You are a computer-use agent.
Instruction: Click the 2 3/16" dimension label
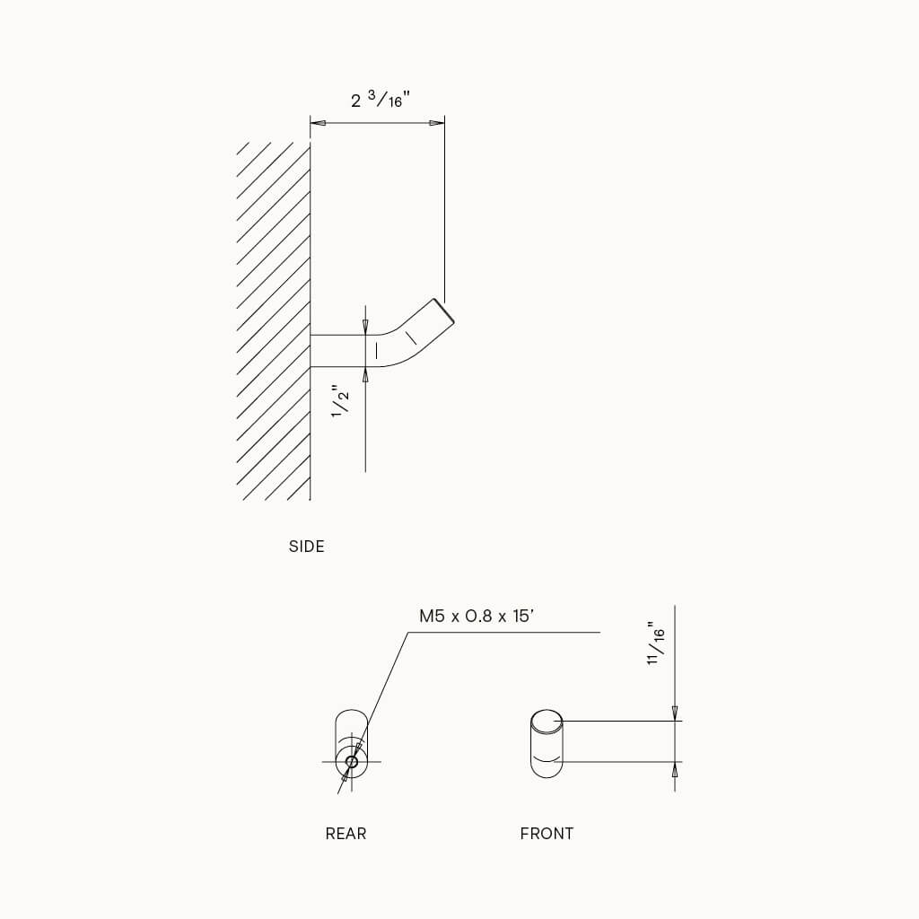381,100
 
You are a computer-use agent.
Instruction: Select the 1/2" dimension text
340,400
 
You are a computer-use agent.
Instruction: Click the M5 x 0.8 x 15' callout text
477,617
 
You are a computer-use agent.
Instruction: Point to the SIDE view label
306,546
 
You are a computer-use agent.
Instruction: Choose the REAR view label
346,834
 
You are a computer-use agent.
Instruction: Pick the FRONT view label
547,834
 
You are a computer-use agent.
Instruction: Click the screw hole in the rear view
351,763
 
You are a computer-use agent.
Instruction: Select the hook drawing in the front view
547,742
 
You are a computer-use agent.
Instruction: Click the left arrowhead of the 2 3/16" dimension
318,123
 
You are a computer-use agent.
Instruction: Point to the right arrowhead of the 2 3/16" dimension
437,123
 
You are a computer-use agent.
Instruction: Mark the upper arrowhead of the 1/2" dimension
365,328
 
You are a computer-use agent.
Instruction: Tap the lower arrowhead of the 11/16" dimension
675,769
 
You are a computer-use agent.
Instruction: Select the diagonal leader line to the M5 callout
386,682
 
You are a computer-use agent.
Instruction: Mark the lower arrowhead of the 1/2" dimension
365,374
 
